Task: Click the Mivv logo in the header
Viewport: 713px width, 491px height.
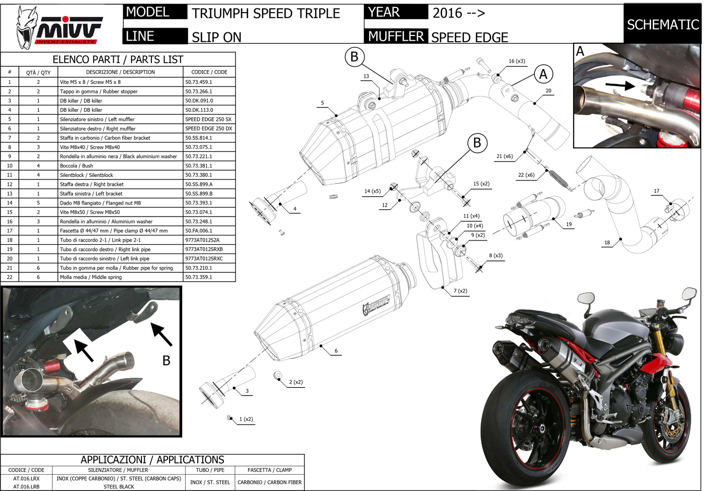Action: click(x=58, y=26)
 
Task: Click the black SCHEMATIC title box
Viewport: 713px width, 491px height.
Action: click(x=662, y=24)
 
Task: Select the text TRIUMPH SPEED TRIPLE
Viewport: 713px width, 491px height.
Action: click(x=266, y=14)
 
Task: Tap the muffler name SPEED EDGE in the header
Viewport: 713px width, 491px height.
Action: click(x=469, y=37)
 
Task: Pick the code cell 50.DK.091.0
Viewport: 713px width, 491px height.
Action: click(x=199, y=101)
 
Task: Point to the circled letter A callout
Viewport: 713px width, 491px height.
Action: click(x=543, y=74)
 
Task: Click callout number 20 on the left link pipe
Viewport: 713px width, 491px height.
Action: click(x=549, y=91)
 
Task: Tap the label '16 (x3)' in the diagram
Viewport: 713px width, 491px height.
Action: click(x=517, y=61)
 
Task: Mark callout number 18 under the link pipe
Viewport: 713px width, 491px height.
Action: click(x=607, y=243)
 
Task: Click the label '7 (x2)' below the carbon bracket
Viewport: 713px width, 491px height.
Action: click(x=460, y=291)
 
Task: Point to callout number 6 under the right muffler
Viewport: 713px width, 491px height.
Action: click(x=336, y=351)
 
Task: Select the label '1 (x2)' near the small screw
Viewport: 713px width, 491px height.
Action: click(x=246, y=419)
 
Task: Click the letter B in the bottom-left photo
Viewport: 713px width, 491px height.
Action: click(x=166, y=361)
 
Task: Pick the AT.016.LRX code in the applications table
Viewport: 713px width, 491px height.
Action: click(x=26, y=478)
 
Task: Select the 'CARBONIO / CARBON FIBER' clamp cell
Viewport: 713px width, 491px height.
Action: click(x=269, y=482)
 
